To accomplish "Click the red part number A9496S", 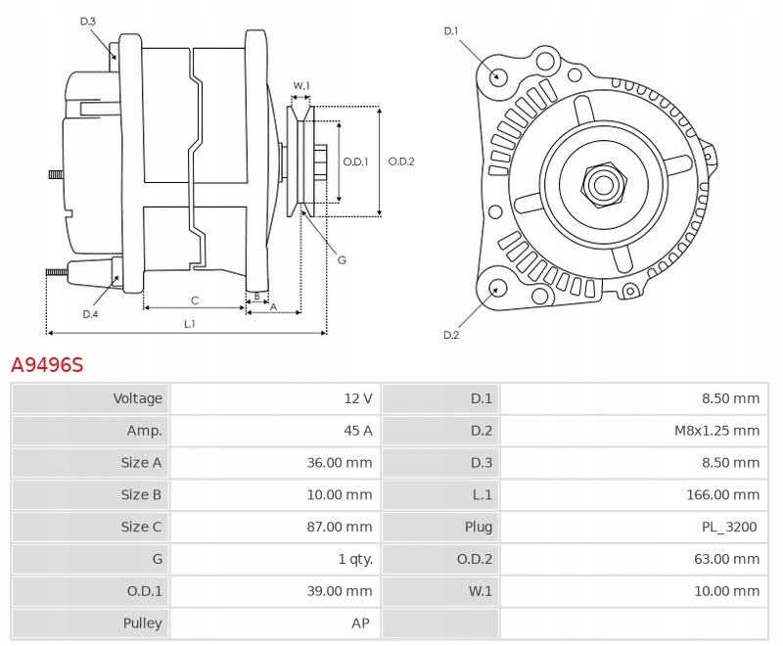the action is [x=47, y=365].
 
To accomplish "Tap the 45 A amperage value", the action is [x=358, y=431].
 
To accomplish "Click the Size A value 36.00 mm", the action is [x=340, y=463].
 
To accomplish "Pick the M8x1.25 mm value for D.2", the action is [x=717, y=431].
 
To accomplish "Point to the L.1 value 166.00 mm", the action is [x=723, y=494].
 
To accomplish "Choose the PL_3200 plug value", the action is [x=729, y=527].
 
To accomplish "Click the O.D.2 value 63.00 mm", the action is [x=727, y=559].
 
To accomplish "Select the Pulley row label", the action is [x=142, y=623].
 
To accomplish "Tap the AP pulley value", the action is [x=360, y=623].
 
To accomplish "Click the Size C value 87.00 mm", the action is [x=340, y=527].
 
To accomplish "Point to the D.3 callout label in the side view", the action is [x=88, y=22].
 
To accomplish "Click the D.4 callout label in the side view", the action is [x=90, y=314].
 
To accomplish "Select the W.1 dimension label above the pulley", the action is [x=301, y=86].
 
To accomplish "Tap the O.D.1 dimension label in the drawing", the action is [x=355, y=161].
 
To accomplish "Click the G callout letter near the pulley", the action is [x=342, y=259].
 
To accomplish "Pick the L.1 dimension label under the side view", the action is [x=190, y=324].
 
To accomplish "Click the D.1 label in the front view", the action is [x=451, y=31].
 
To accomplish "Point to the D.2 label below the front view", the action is [x=451, y=335].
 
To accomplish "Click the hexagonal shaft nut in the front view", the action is [x=604, y=185].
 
